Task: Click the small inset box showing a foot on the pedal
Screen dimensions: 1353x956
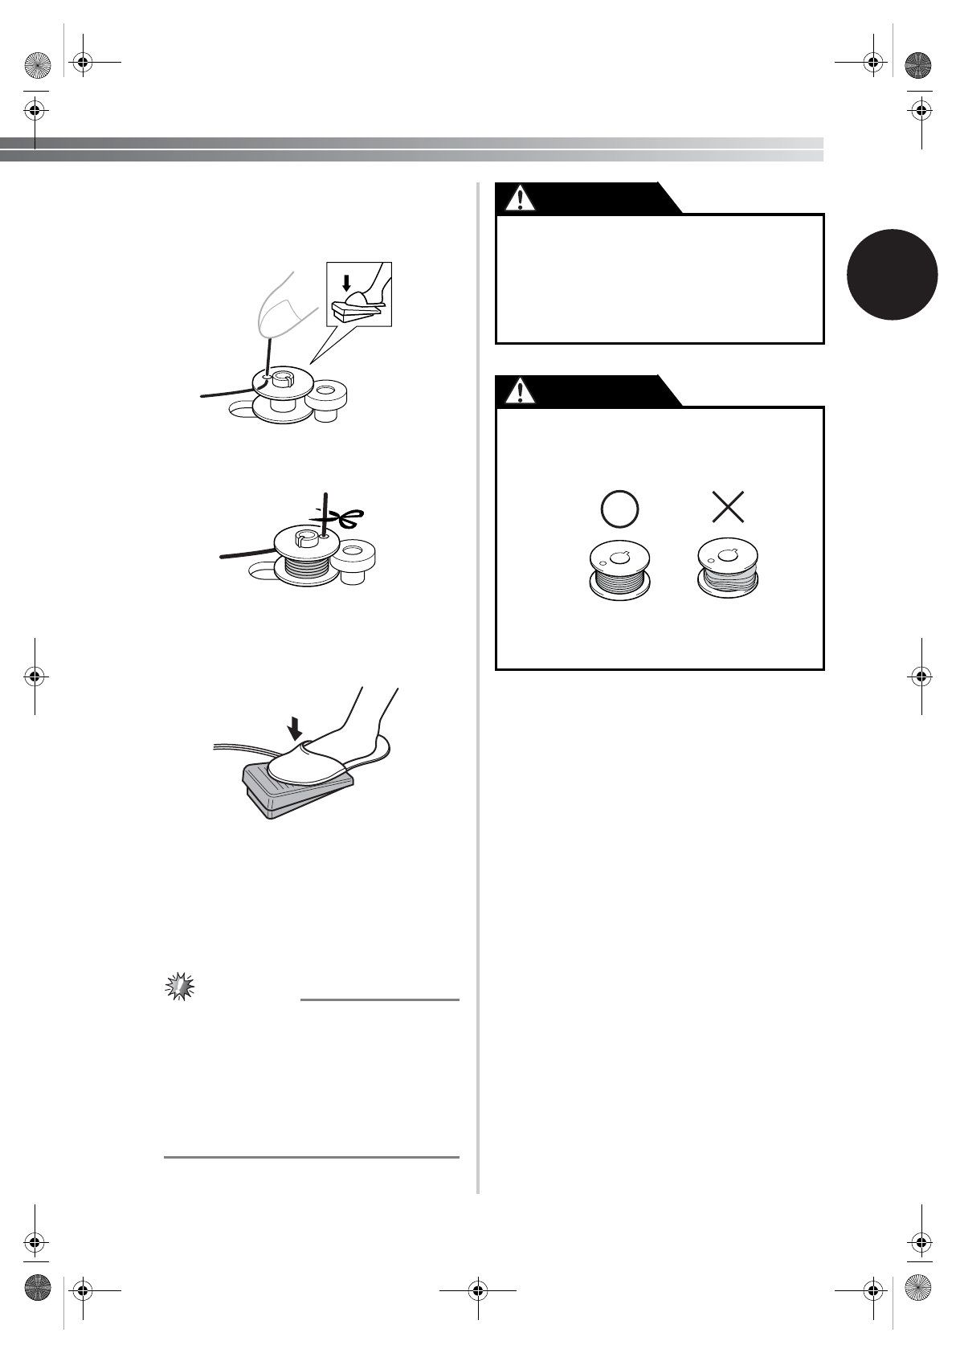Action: tap(359, 294)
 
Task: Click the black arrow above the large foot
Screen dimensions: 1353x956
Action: tap(296, 728)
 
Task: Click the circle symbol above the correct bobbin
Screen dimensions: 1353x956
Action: tap(619, 508)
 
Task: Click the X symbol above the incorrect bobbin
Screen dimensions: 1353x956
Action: tap(728, 507)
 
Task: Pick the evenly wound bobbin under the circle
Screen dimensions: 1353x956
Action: tap(619, 572)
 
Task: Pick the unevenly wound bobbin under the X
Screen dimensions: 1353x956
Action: tap(728, 570)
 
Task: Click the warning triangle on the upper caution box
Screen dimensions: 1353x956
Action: tap(521, 198)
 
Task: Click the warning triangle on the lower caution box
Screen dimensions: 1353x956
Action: tap(521, 391)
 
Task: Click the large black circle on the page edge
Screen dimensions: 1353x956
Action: tap(893, 274)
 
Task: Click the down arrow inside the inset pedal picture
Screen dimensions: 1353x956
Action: tap(346, 282)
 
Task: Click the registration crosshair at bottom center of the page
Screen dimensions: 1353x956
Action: tap(477, 1290)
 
